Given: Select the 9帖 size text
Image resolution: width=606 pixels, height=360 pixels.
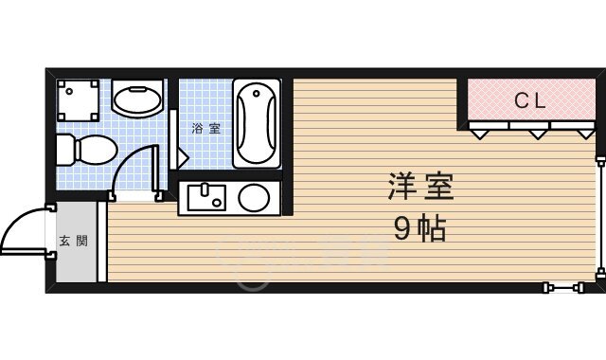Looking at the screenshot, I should click(420, 228).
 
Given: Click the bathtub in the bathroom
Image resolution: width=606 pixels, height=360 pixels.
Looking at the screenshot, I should click(256, 123).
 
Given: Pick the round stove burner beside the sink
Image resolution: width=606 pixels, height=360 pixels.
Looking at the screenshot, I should click(254, 198).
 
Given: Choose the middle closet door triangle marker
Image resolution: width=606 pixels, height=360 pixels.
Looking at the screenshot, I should click(538, 134).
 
